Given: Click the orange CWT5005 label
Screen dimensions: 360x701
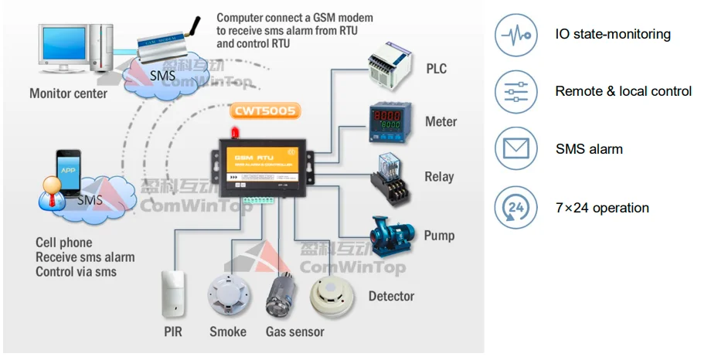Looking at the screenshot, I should (x=264, y=111).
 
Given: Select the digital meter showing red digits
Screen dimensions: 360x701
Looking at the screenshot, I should (x=390, y=119).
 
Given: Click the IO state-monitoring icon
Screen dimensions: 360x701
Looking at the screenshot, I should (x=516, y=35).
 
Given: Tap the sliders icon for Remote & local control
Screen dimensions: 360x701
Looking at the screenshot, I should (x=516, y=91).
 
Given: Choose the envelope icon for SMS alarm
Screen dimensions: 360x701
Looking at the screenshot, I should (x=516, y=148).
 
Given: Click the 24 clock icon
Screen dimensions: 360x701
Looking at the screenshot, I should (x=516, y=207).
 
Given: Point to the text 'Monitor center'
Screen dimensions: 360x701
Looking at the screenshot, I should (x=68, y=94).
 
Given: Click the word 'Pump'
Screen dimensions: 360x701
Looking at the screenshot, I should (x=439, y=236).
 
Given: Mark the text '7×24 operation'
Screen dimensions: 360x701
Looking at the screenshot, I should (x=602, y=208).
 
